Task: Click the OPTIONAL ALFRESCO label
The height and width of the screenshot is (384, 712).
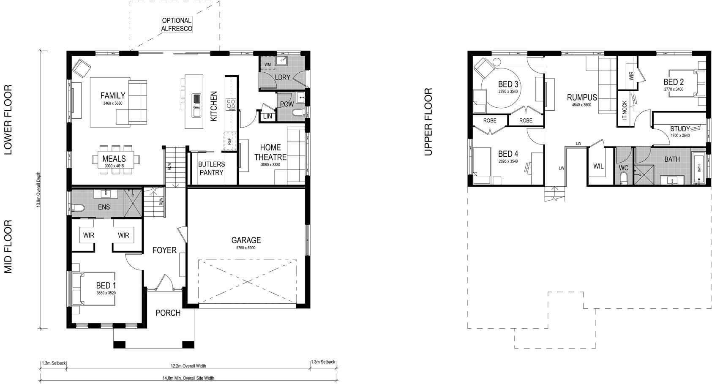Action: coord(177,25)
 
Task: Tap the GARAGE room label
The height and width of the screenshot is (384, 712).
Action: coord(246,240)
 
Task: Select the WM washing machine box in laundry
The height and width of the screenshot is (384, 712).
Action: coord(267,64)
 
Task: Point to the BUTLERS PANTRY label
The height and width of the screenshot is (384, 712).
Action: coord(211,168)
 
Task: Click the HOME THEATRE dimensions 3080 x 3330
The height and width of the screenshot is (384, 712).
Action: coord(270,165)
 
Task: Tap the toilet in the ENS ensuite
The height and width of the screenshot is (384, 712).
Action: coord(79,207)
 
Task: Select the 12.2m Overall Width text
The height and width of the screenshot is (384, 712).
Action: coord(188,366)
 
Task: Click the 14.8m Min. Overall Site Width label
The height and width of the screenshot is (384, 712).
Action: coord(188,378)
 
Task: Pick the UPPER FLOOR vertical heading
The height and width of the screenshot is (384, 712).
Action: coord(428,122)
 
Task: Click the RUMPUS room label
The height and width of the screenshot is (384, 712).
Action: coord(582,98)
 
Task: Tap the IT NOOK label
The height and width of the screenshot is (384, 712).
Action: coord(625,110)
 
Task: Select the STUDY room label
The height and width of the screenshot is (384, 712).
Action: coord(680,129)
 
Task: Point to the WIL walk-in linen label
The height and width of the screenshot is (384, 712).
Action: coord(598,166)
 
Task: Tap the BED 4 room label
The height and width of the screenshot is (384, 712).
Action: coord(508,154)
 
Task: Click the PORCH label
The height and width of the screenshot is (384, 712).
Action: coord(168,313)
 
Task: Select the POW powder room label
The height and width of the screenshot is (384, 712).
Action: coord(286,104)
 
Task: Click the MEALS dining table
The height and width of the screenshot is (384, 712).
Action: coord(114,159)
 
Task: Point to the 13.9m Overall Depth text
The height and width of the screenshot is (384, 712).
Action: coord(38,189)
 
